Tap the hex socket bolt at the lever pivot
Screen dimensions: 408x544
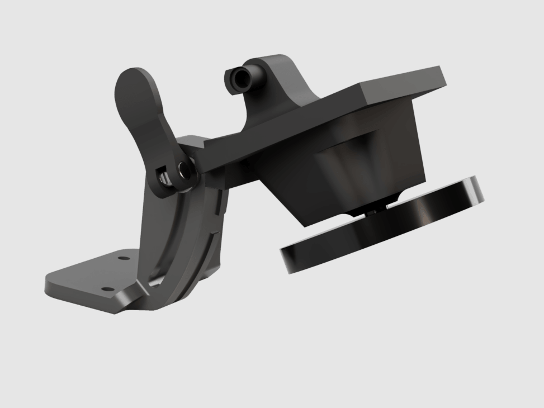click(183, 168)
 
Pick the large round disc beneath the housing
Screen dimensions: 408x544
click(380, 229)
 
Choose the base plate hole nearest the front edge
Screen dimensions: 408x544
click(105, 290)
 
